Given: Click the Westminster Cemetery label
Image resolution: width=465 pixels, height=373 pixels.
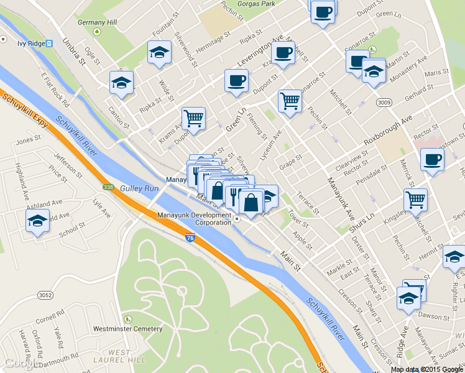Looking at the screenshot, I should point(127,328).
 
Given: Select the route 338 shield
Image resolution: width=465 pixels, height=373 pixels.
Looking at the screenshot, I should point(108,186).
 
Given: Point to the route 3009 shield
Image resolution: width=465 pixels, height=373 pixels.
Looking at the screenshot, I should point(383,101).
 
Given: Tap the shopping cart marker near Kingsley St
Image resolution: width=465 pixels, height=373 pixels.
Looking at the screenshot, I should point(415,200).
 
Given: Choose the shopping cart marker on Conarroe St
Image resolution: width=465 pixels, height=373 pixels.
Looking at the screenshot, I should point(290,99).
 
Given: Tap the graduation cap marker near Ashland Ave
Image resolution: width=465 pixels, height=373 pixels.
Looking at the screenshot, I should point(37,220).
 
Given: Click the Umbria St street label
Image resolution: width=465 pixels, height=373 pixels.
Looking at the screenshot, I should point(73,52).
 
